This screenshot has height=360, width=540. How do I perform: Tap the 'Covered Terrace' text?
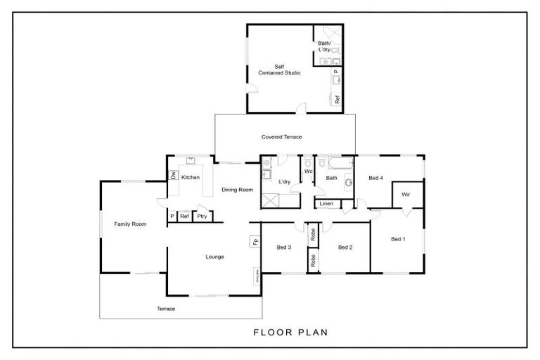click(x=281, y=137)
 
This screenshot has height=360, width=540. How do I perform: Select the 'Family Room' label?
click(x=130, y=224)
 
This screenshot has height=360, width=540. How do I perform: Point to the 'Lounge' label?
click(x=214, y=257)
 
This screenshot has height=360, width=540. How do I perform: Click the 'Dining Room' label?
click(x=237, y=190)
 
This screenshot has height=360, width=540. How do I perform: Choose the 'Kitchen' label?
click(x=191, y=178)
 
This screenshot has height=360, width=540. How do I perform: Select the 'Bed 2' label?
click(x=345, y=247)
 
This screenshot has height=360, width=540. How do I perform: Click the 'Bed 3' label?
click(x=283, y=247)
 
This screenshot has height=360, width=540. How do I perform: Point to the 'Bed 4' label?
click(x=376, y=178)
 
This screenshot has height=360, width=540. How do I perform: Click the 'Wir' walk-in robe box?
click(x=406, y=195)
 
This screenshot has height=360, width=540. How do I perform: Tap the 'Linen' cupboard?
click(x=326, y=204)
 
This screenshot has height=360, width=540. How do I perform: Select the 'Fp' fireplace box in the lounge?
click(x=253, y=242)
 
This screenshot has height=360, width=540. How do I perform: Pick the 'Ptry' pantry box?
click(x=202, y=217)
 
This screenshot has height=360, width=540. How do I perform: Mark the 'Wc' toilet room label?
click(x=308, y=172)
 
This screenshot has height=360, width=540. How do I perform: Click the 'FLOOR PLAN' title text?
click(x=289, y=331)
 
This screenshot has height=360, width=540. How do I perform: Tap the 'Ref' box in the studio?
click(x=337, y=99)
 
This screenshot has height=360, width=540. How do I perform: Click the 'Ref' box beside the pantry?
click(x=184, y=217)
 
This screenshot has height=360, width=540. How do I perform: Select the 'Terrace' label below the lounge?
click(x=166, y=309)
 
